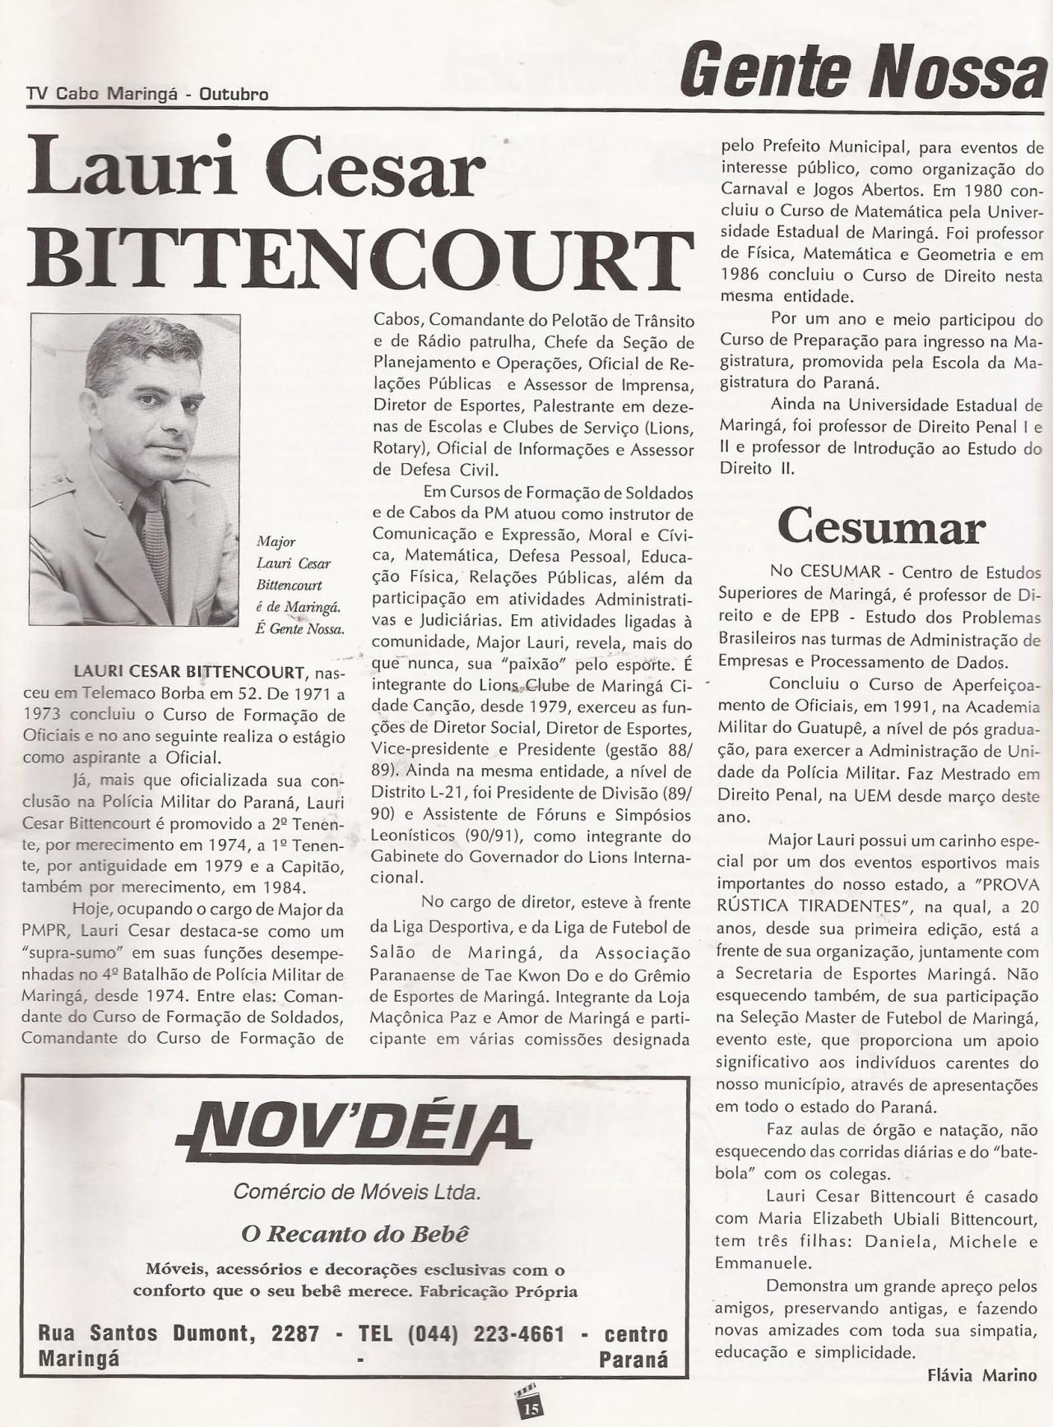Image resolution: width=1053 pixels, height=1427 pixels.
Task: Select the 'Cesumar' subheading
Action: pos(880,527)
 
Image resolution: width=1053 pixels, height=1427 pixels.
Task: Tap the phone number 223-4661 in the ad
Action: pos(518,1333)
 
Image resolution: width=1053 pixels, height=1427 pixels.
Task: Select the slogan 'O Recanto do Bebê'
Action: pos(355,1234)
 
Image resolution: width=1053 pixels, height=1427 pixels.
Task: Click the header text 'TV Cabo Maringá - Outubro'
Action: pos(147,95)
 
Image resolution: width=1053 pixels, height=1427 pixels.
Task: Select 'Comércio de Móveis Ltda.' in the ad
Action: pos(356,1192)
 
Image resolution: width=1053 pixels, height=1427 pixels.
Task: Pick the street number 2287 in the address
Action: pos(295,1333)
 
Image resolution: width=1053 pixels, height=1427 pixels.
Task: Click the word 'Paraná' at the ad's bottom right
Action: pos(633,1360)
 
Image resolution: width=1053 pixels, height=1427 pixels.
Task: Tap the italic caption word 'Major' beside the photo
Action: pos(276,542)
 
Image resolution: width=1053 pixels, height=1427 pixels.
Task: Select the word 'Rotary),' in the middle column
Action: pos(401,448)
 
